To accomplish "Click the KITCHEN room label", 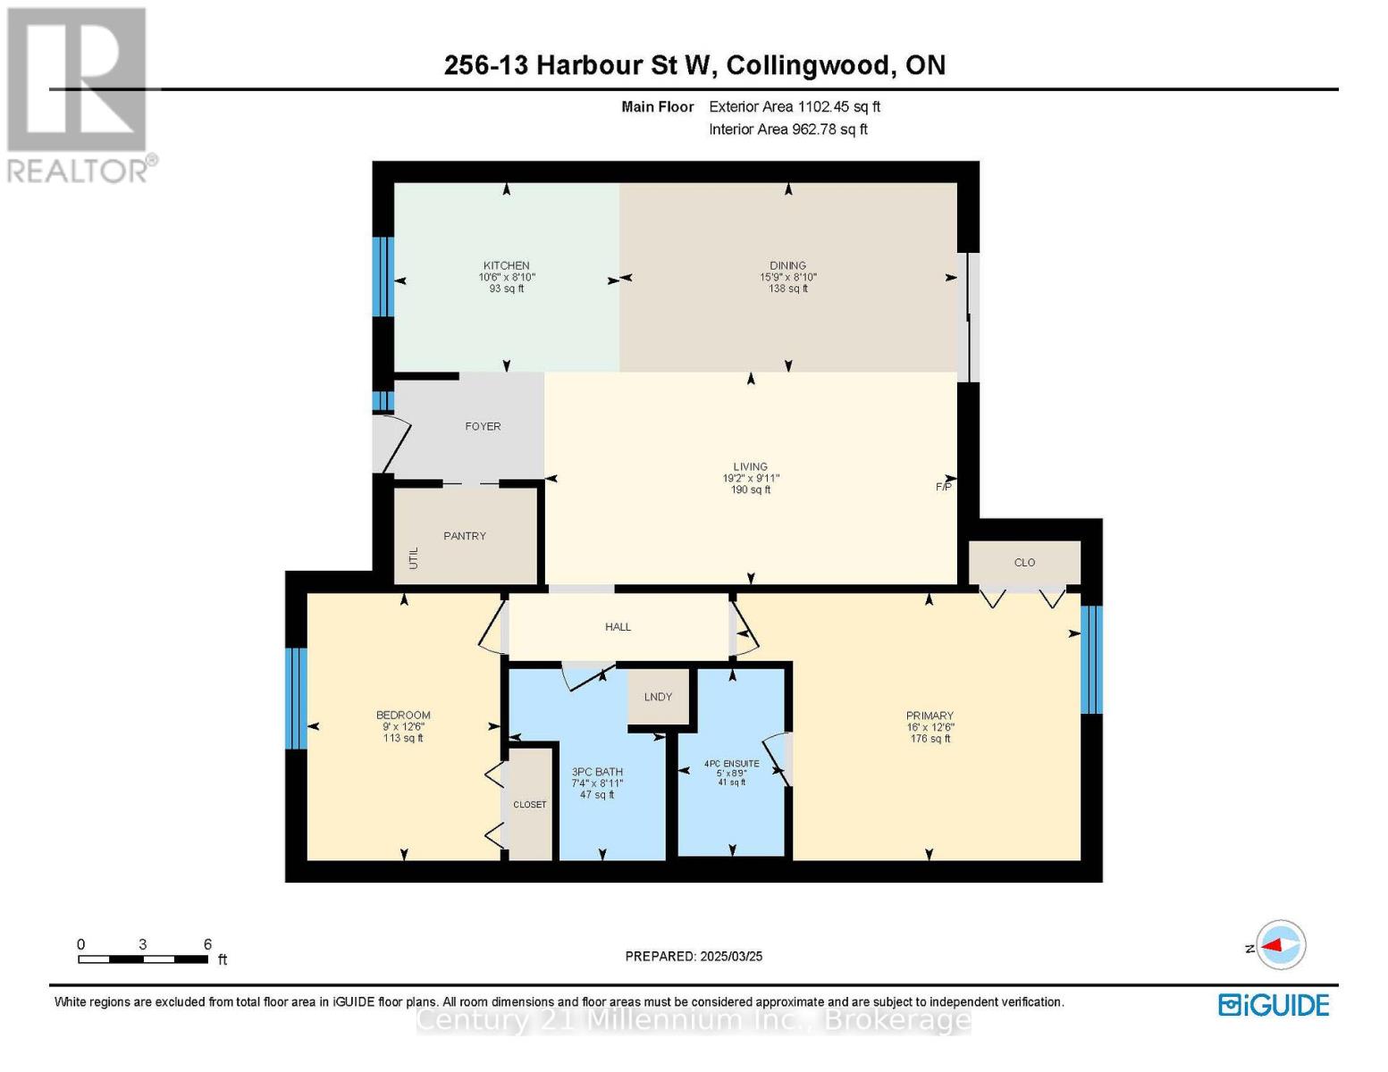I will point(506,265).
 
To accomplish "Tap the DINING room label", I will point(787,265).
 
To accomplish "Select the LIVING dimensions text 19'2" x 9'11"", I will point(751,478).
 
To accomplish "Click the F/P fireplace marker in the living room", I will point(943,487).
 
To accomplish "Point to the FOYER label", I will point(483,426).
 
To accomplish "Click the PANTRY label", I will point(465,536).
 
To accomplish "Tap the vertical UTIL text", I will point(414,558).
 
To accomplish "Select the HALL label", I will point(618,627).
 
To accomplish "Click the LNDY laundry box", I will point(658,697).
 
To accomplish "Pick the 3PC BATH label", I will point(597,772).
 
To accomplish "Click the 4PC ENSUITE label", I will point(731,764).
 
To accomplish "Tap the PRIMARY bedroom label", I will point(930,716).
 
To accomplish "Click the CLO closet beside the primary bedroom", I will point(1024,563).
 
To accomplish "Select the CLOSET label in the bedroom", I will point(529,805).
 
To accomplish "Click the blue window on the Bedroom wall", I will point(296,699).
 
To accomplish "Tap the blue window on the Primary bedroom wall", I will point(1091,659).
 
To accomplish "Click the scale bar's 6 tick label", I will point(207,944).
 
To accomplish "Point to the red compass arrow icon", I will point(1282,944).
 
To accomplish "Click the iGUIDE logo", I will point(1274,1005).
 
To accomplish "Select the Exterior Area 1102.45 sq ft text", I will point(795,106).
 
